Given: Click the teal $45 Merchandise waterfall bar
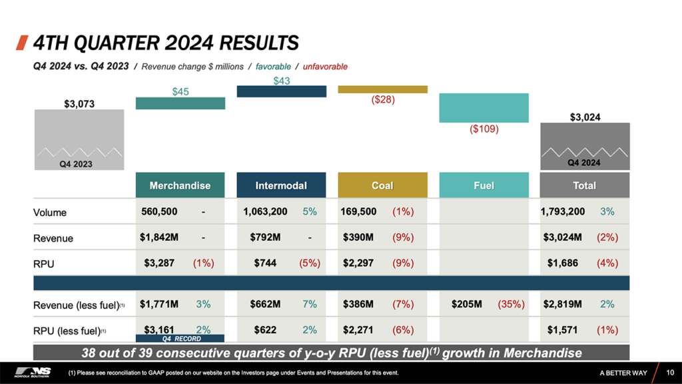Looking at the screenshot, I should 180,103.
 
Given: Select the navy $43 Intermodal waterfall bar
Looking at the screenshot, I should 281,91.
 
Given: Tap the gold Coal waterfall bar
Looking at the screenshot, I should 382,89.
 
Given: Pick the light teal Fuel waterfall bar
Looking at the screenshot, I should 484,107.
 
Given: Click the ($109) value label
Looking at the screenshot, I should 484,129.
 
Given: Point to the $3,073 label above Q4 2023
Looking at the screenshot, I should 79,103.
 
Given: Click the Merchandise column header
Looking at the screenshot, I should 180,185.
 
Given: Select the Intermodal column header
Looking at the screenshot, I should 281,185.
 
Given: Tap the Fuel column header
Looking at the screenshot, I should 484,185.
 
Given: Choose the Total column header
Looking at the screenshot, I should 584,185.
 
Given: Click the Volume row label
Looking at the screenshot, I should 50,213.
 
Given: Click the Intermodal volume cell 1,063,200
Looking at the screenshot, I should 265,212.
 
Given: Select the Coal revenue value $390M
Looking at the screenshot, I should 358,237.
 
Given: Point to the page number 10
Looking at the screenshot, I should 669,372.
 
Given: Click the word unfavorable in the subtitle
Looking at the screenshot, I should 325,67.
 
